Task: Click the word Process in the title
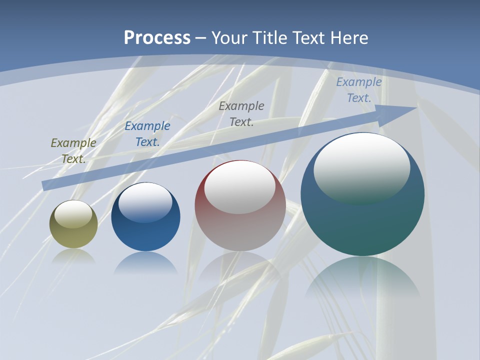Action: (x=157, y=38)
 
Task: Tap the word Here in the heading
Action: (x=348, y=38)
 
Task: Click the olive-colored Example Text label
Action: (x=73, y=151)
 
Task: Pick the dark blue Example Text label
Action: (x=147, y=134)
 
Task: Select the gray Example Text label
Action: (x=241, y=113)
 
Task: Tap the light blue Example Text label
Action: (x=359, y=90)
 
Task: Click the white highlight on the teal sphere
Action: (x=362, y=167)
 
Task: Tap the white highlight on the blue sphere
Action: (x=145, y=202)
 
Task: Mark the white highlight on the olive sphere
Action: (x=73, y=214)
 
